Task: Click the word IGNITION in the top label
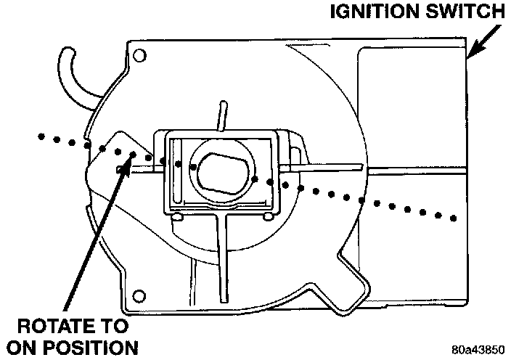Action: point(370,12)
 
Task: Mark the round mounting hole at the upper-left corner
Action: point(139,54)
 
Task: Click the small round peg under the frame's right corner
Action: point(269,216)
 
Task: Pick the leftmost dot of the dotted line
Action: point(41,136)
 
